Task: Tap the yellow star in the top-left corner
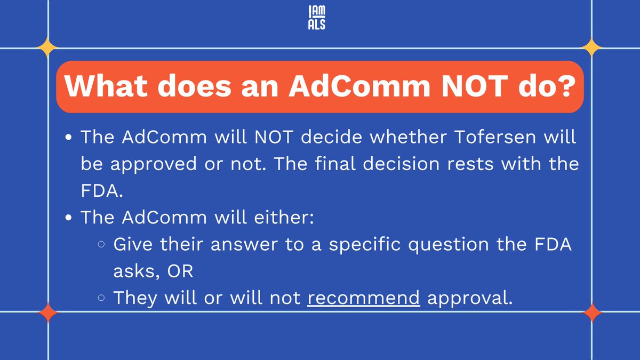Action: [48, 48]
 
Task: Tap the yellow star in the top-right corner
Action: [591, 48]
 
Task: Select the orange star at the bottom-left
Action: [48, 313]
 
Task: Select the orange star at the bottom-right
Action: [591, 313]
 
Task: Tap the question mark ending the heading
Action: [565, 87]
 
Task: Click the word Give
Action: [133, 245]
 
